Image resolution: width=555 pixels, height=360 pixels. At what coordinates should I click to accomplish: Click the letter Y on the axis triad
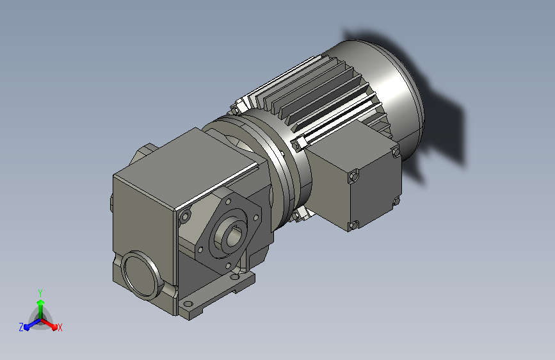coord(40,293)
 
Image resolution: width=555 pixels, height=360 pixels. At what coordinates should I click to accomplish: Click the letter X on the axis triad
coord(60,327)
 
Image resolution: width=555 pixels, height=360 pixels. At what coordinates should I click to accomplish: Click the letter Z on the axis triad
coord(21,327)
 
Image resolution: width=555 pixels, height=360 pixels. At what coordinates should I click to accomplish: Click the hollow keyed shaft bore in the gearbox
coord(234,237)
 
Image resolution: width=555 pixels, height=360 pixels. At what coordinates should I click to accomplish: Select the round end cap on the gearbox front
coord(140,275)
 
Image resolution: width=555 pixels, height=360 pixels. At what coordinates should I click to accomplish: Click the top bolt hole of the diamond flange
coord(229,202)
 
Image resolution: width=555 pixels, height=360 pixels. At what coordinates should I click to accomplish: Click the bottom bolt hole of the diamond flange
coord(228,265)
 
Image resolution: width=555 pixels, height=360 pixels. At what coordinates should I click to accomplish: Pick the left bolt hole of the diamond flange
coord(200,250)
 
